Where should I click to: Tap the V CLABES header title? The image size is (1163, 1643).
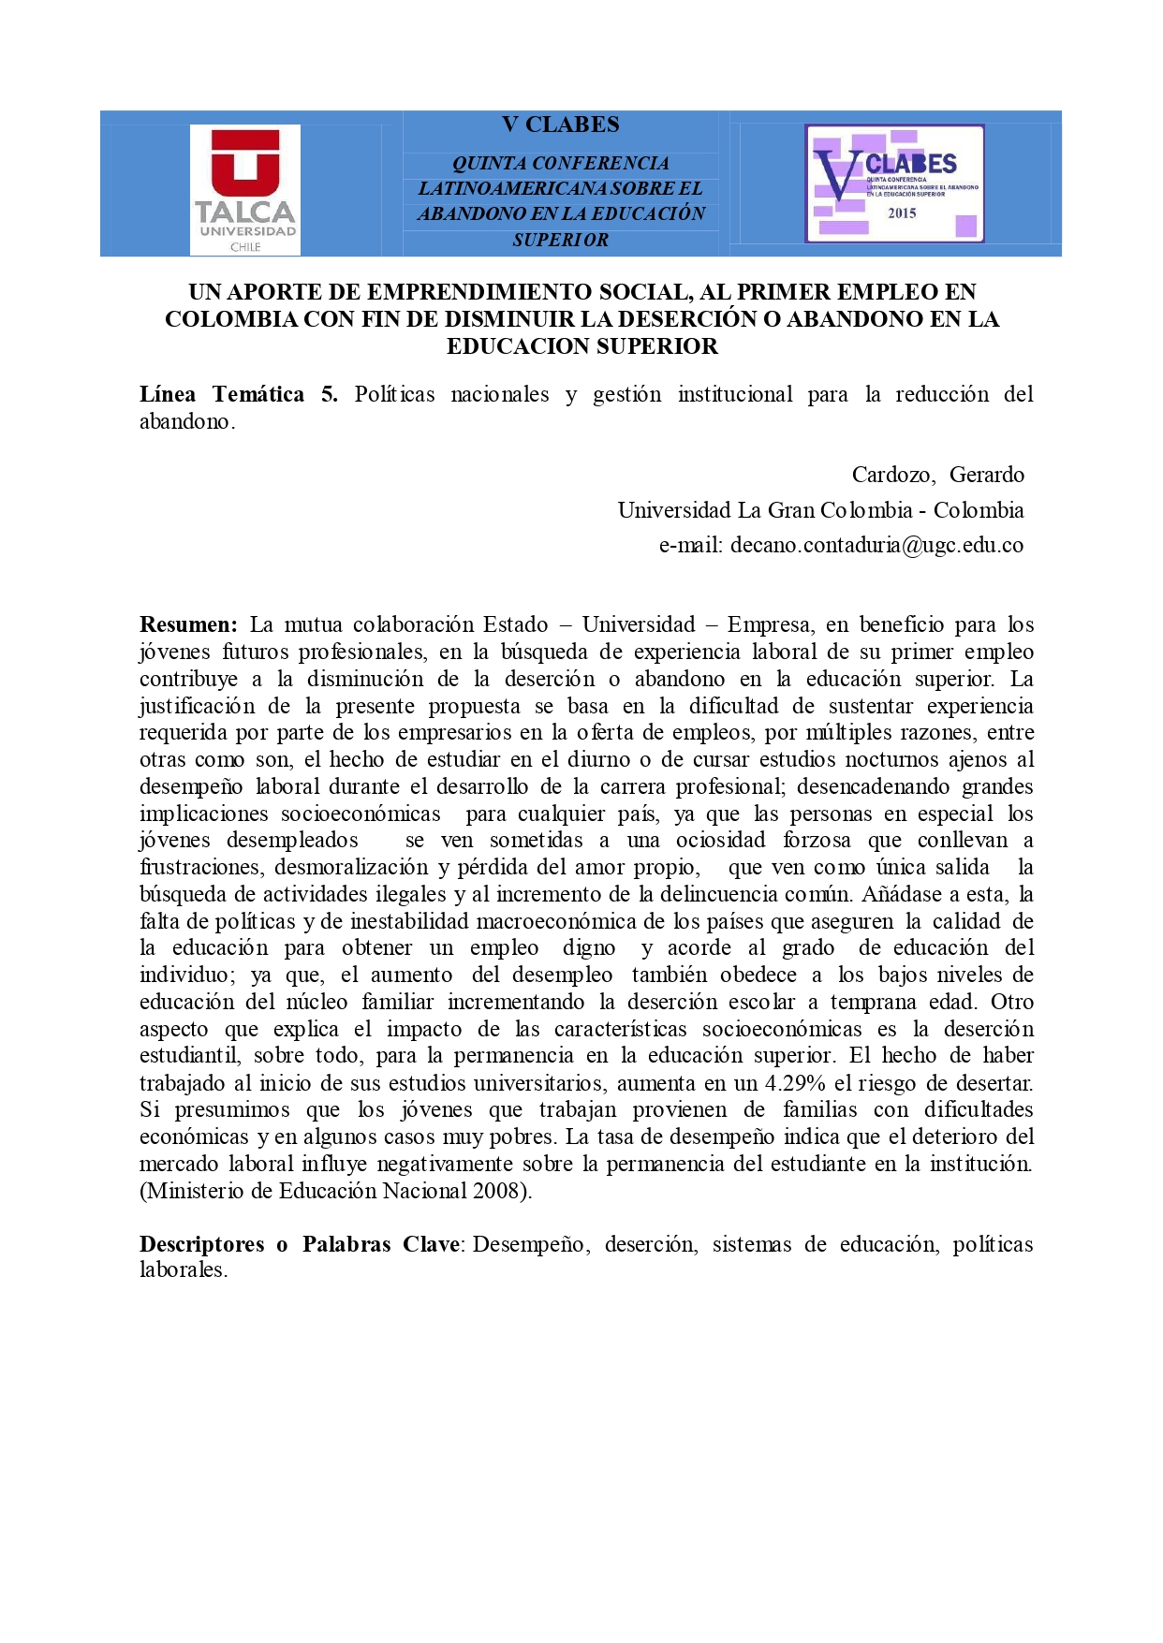click(x=560, y=125)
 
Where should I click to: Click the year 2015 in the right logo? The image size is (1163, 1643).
click(x=902, y=213)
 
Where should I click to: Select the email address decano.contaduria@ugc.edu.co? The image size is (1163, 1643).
click(x=876, y=545)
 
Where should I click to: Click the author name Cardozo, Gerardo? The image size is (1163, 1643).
click(x=937, y=475)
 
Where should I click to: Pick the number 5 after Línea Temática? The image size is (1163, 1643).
click(x=328, y=394)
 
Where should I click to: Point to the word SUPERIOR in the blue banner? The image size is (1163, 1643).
click(x=560, y=241)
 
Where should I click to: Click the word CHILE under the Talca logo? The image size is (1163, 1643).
click(x=245, y=247)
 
